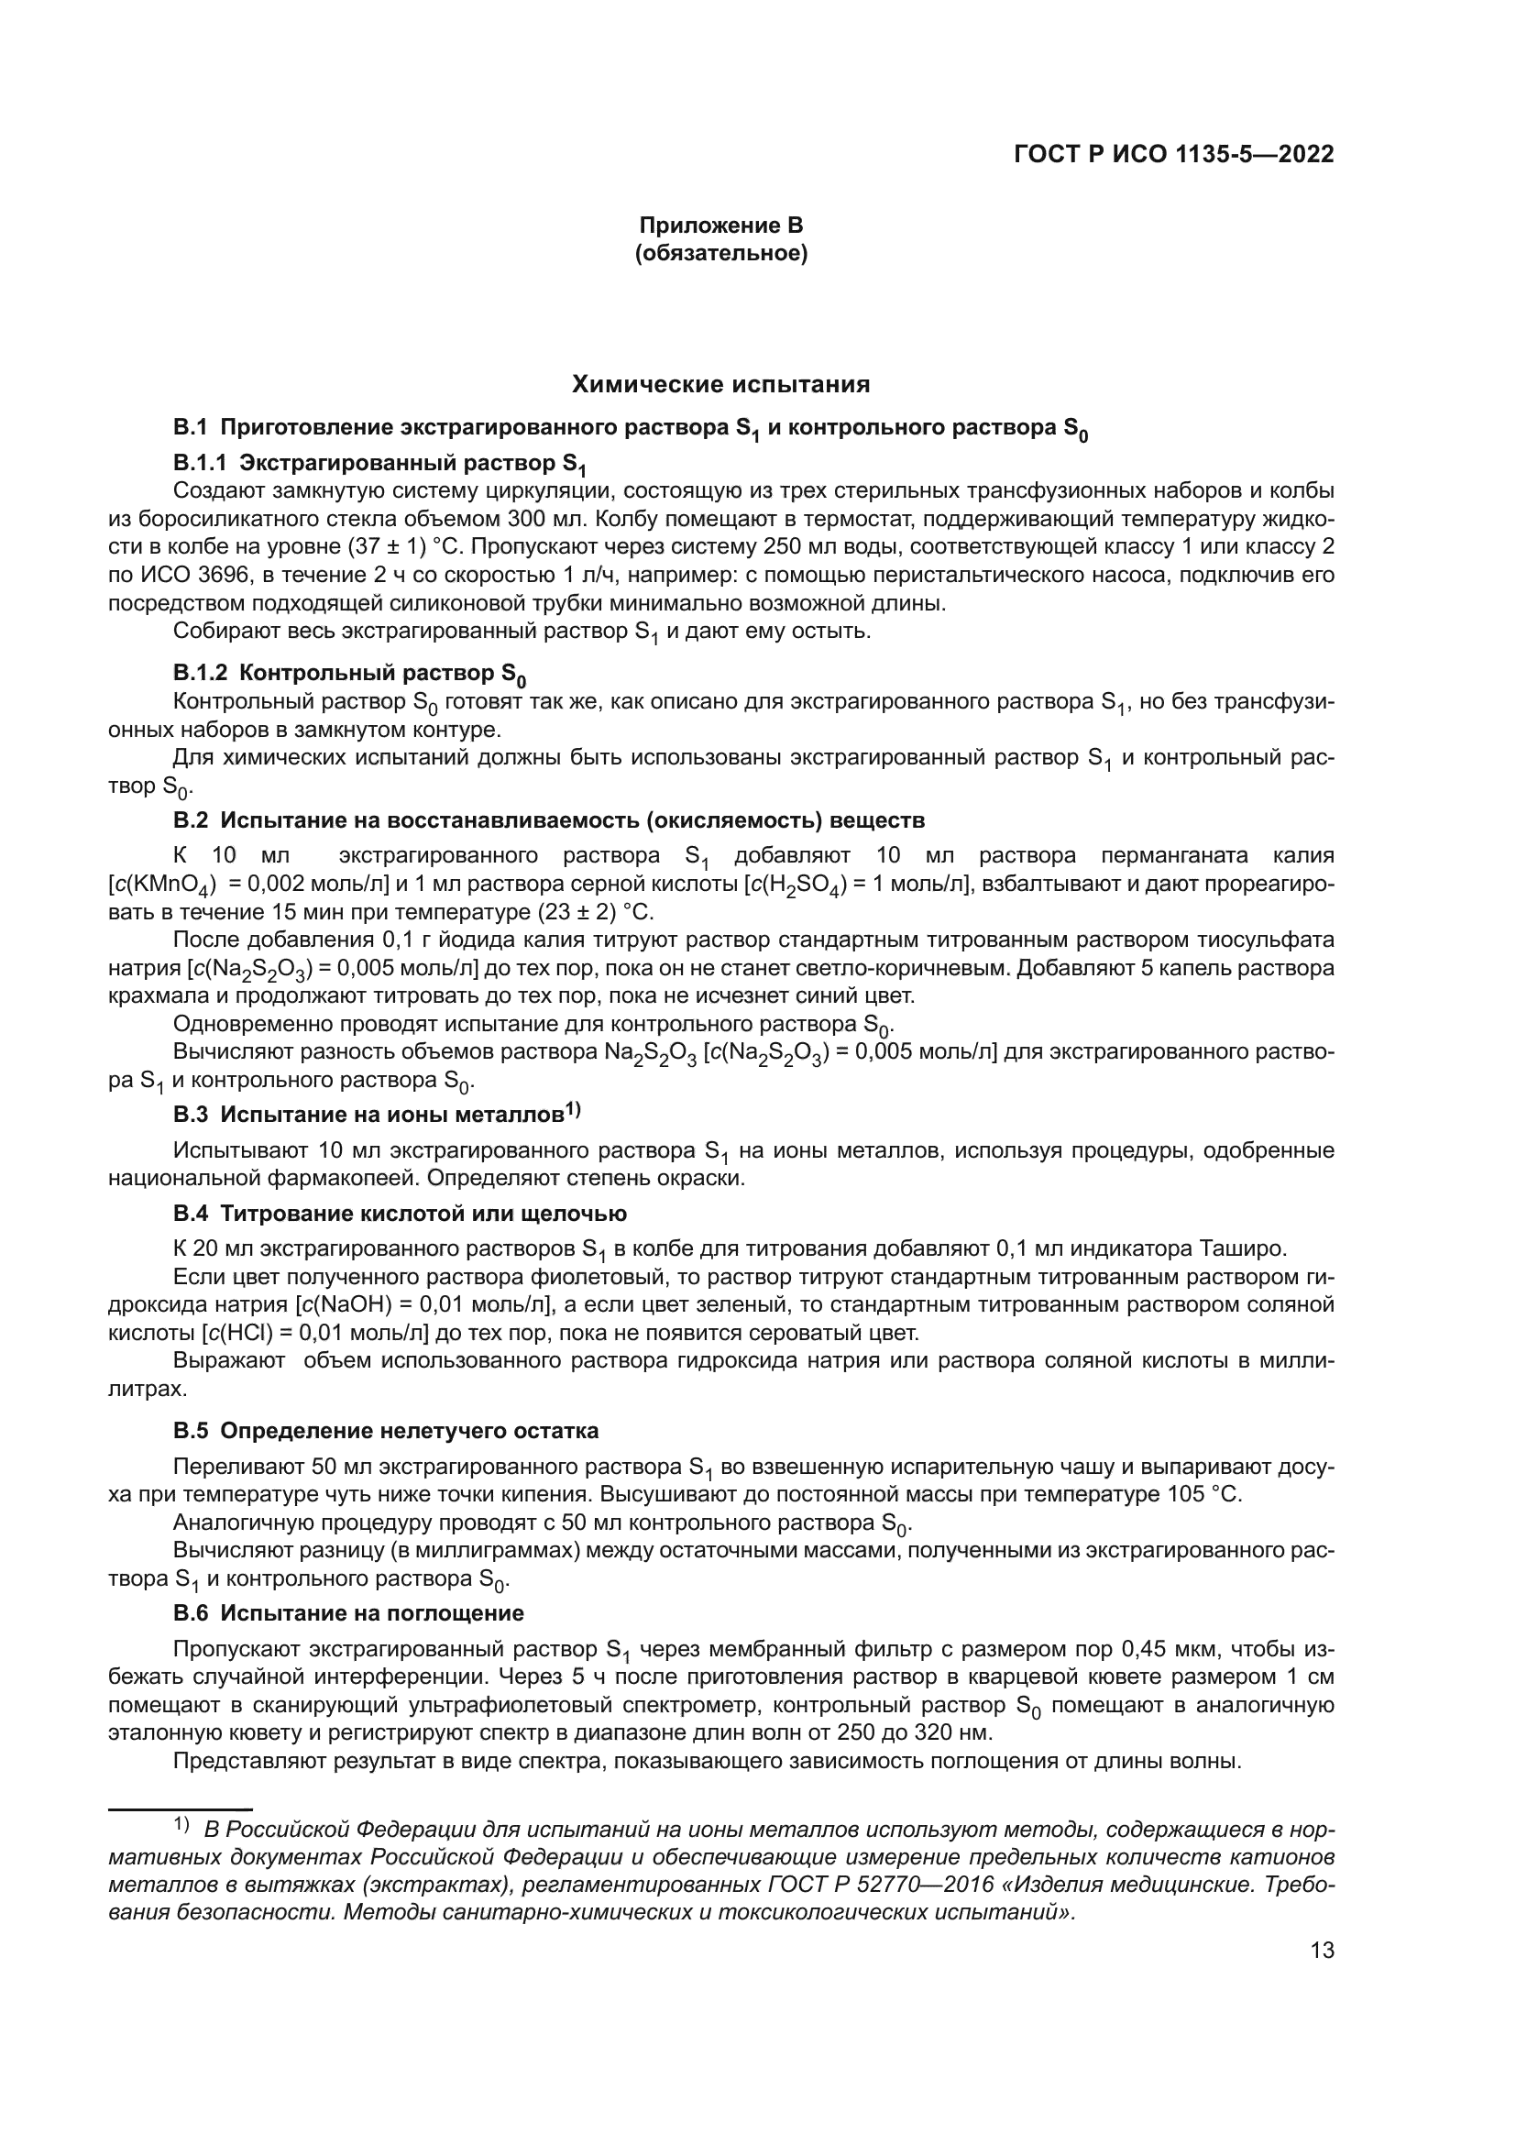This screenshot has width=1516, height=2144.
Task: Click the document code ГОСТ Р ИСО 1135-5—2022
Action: tap(1173, 155)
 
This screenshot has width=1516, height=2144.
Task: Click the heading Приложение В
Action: tap(720, 225)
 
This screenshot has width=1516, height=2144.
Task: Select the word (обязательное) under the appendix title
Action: tap(720, 253)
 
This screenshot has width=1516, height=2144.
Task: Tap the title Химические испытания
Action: tap(720, 385)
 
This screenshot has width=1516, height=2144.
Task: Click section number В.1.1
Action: tap(199, 464)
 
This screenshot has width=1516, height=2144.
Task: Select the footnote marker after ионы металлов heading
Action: tap(572, 1110)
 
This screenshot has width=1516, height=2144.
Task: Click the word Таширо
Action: tap(1252, 1248)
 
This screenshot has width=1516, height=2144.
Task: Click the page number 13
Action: tap(1322, 1951)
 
